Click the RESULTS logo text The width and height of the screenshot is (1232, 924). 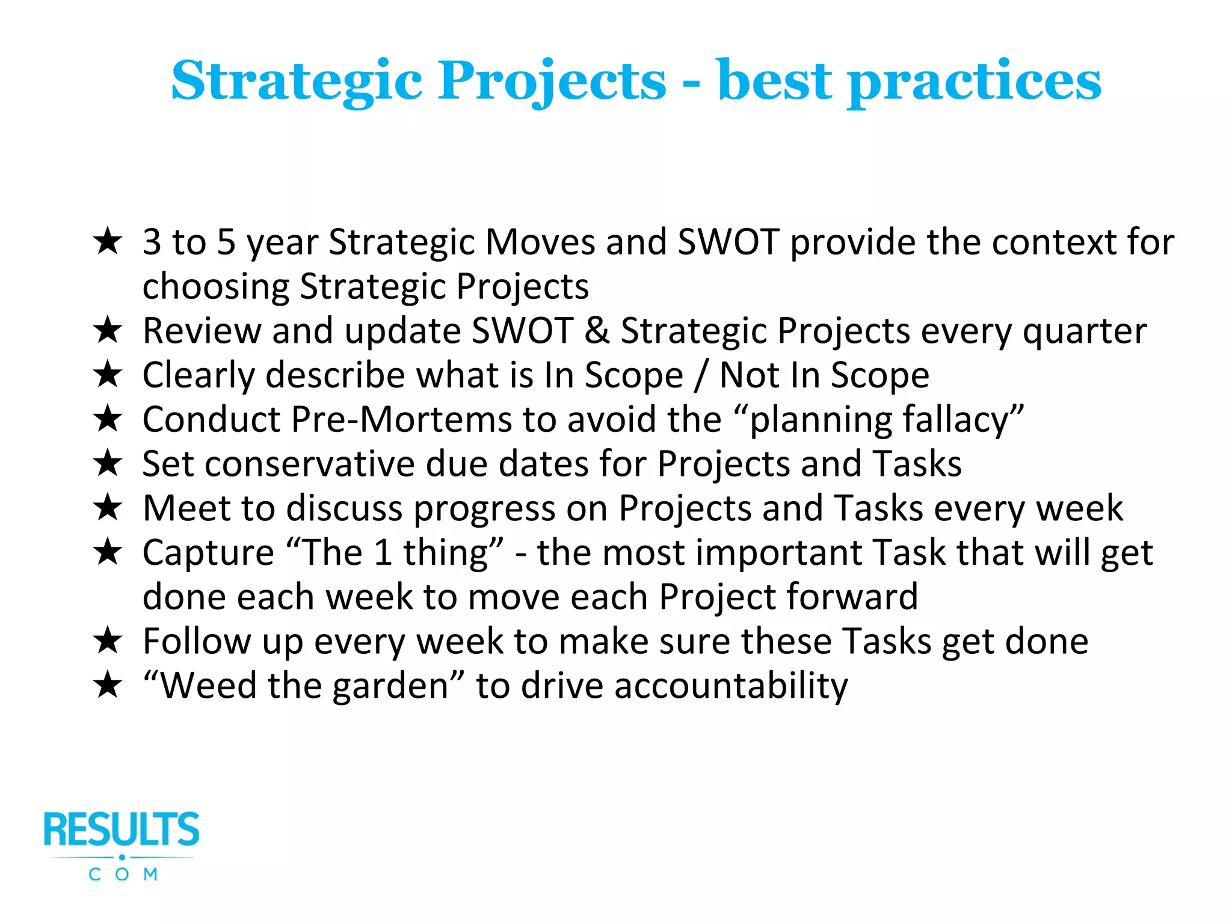[x=122, y=830]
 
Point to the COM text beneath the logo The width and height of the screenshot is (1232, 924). [x=123, y=874]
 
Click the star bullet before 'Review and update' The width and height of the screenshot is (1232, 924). [x=108, y=330]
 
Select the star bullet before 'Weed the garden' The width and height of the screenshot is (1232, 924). [x=108, y=685]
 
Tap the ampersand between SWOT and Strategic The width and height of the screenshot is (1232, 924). [x=597, y=330]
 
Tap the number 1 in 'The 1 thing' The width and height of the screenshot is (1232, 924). [x=383, y=553]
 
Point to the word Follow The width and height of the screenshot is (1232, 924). [x=196, y=641]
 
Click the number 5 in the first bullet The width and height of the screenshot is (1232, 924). [x=226, y=242]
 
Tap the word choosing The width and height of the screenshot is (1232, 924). [x=215, y=287]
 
